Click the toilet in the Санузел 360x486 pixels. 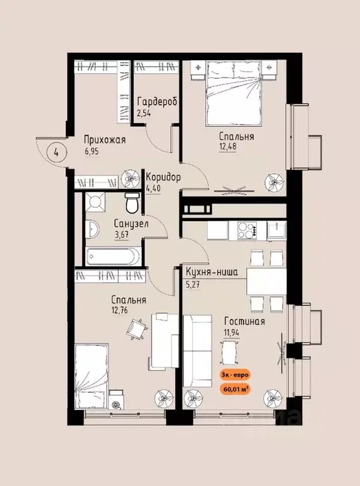(132, 202)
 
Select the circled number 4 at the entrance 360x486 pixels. (56, 153)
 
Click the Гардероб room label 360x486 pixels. (157, 101)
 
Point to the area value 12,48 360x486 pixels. (228, 146)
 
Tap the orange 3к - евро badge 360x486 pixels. (235, 375)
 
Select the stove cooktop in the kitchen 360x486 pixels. (247, 231)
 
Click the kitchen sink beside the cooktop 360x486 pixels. (277, 231)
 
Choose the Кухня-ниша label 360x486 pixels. (212, 272)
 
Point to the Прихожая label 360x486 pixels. (105, 140)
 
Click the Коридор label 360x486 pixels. (163, 177)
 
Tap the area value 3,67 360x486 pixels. (122, 234)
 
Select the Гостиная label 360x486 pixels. (245, 321)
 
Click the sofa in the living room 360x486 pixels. (198, 351)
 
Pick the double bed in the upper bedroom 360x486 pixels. (233, 94)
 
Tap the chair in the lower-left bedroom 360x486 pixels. (136, 329)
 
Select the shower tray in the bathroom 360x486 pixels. (96, 201)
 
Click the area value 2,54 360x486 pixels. (144, 113)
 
